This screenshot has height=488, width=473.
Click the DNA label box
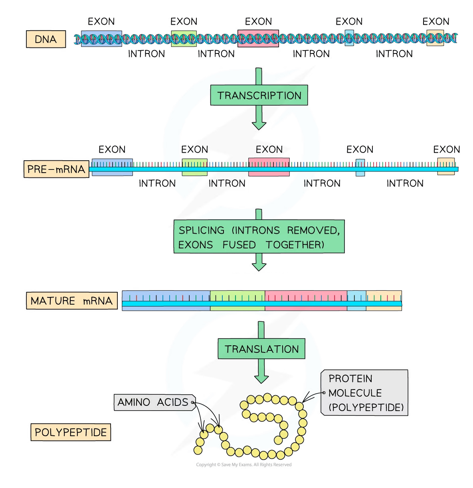pyautogui.click(x=46, y=39)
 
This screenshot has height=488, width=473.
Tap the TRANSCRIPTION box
pyautogui.click(x=259, y=95)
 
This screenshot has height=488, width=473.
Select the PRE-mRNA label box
pyautogui.click(x=56, y=169)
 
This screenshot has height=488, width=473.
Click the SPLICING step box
pyautogui.click(x=259, y=237)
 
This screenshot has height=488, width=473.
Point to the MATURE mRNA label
pyautogui.click(x=71, y=300)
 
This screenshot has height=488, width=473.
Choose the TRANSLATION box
pyautogui.click(x=261, y=349)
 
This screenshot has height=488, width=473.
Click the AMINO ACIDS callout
pyautogui.click(x=152, y=402)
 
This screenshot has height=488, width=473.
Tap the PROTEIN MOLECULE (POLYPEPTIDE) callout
pyautogui.click(x=365, y=393)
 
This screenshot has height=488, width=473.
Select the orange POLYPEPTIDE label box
pyautogui.click(x=71, y=432)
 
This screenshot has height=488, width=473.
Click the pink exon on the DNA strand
pyautogui.click(x=258, y=38)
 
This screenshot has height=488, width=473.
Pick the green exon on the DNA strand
pyautogui.click(x=184, y=38)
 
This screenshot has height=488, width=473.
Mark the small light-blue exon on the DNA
pyautogui.click(x=349, y=38)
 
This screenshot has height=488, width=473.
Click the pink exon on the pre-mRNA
pyautogui.click(x=269, y=167)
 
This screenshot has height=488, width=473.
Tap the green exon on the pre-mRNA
pyautogui.click(x=194, y=167)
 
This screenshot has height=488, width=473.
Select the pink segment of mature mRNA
pyautogui.click(x=306, y=300)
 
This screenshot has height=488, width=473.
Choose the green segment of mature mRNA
pyautogui.click(x=237, y=300)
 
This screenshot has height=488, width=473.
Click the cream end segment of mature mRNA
pyautogui.click(x=384, y=300)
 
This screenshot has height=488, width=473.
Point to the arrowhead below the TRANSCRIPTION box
pyautogui.click(x=259, y=124)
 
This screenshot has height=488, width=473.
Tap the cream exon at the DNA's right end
pyautogui.click(x=435, y=38)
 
